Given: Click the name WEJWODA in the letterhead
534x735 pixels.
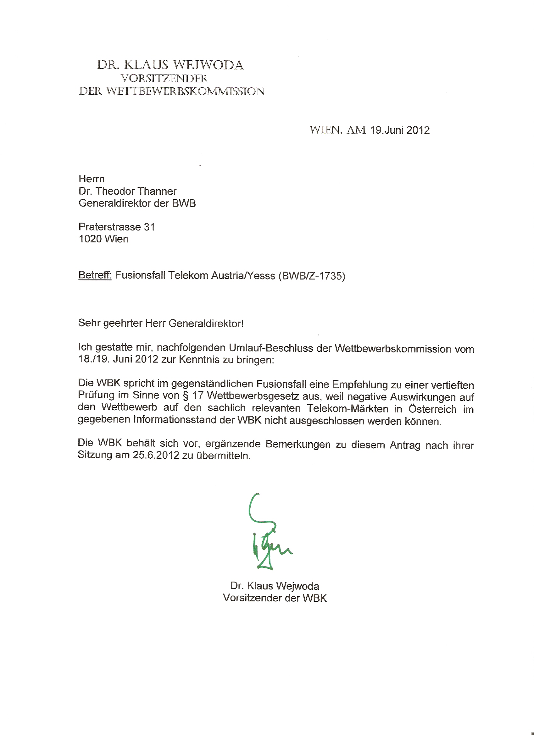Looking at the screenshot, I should click(208, 65).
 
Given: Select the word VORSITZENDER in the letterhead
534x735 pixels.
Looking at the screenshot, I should click(164, 78).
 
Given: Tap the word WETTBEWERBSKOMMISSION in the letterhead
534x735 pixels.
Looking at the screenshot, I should click(186, 91).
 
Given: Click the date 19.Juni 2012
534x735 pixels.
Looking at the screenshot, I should click(400, 130).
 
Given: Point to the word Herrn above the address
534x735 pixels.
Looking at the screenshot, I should click(92, 179).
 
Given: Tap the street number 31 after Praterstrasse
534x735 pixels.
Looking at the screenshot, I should click(149, 227).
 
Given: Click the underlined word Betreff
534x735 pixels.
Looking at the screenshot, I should click(95, 275).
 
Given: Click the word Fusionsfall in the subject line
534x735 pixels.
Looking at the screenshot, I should click(140, 275).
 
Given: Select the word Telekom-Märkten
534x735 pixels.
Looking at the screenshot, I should click(348, 409).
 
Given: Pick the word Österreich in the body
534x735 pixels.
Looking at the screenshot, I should click(432, 409).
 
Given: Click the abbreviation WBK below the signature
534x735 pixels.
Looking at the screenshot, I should click(314, 598).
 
